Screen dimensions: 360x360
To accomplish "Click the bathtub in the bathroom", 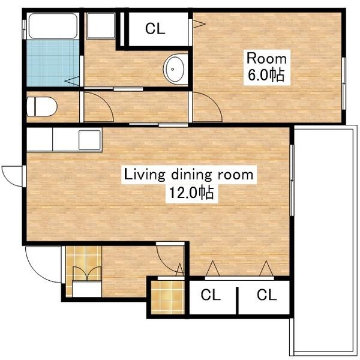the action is coord(53,26).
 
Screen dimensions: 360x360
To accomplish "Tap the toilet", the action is coord(42,106).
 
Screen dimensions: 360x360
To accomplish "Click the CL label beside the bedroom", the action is coord(155,28).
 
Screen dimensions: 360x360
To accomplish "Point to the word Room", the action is coord(266,59).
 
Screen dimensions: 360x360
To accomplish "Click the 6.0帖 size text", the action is coord(266,74).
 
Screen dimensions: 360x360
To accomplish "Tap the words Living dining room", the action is coord(188,175).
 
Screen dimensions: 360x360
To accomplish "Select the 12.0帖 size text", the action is coord(191,193).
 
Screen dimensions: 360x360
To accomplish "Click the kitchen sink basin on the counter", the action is coord(89,140).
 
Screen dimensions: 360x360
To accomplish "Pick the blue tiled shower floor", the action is coord(53,63).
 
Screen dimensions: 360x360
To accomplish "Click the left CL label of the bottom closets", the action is coord(211,295).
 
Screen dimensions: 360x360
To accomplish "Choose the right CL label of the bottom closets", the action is coord(267,295).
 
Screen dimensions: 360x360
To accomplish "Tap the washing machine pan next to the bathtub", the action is coord(101,26).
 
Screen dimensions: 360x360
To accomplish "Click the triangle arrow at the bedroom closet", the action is coord(199,24).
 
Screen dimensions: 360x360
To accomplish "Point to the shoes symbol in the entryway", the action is coord(87,273).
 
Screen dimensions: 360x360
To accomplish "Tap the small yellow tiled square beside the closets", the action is coord(168,297).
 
